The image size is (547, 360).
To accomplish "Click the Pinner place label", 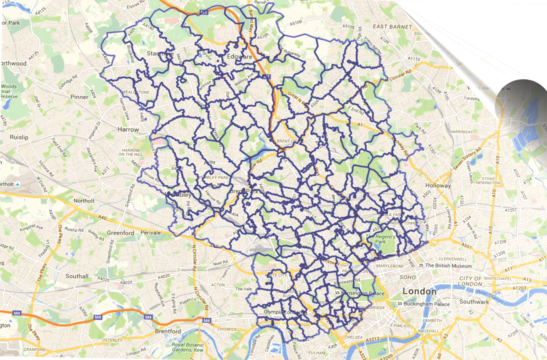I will point(79,97).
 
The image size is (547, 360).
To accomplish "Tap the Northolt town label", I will point(84,201).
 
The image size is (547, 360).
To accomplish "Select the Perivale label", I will point(151,232).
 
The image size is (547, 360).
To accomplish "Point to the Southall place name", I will point(77,276).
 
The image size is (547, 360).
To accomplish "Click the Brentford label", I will point(168,331).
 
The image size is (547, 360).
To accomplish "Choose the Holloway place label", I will point(438,186).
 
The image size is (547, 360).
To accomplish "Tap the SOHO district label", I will point(408,277).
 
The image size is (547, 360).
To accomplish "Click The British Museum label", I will point(448,265).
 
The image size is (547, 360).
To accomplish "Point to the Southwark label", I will point(474,302).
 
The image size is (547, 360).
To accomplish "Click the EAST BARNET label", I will point(392,27).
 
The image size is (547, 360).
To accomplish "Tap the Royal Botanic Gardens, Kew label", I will point(187,347).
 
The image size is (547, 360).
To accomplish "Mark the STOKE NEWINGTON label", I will point(488,181).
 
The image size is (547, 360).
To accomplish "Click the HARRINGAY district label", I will point(461,132).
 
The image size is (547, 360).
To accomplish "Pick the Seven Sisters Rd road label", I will point(467,159).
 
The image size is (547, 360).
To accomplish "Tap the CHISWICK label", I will point(227,329).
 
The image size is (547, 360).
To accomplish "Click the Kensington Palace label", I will point(363,294).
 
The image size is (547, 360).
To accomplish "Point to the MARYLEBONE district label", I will point(390,266).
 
